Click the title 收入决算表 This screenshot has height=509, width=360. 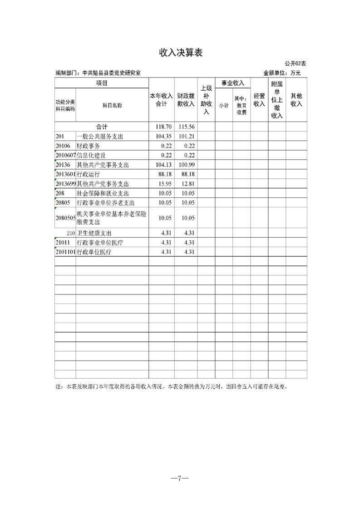pyautogui.click(x=180, y=53)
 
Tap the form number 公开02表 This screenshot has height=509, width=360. pyautogui.click(x=296, y=64)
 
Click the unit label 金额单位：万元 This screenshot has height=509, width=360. pyautogui.click(x=282, y=73)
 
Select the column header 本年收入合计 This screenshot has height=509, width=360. pyautogui.click(x=162, y=100)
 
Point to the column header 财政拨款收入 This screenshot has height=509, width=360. pyautogui.click(x=186, y=100)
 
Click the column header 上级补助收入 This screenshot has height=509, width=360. pyautogui.click(x=206, y=100)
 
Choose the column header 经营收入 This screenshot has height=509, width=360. pyautogui.click(x=259, y=100)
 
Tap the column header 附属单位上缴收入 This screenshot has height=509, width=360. pyautogui.click(x=277, y=100)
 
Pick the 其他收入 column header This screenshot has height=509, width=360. pyautogui.click(x=296, y=100)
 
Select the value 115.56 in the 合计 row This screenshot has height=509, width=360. pyautogui.click(x=187, y=127)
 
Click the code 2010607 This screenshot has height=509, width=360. pyautogui.click(x=65, y=156)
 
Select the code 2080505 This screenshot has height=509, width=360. pyautogui.click(x=65, y=218)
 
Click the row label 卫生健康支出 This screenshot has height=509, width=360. pyautogui.click(x=94, y=233)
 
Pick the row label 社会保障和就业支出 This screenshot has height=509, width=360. pyautogui.click(x=100, y=193)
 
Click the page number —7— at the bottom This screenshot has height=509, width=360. pyautogui.click(x=180, y=478)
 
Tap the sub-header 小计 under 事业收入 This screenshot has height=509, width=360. pyautogui.click(x=224, y=105)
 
